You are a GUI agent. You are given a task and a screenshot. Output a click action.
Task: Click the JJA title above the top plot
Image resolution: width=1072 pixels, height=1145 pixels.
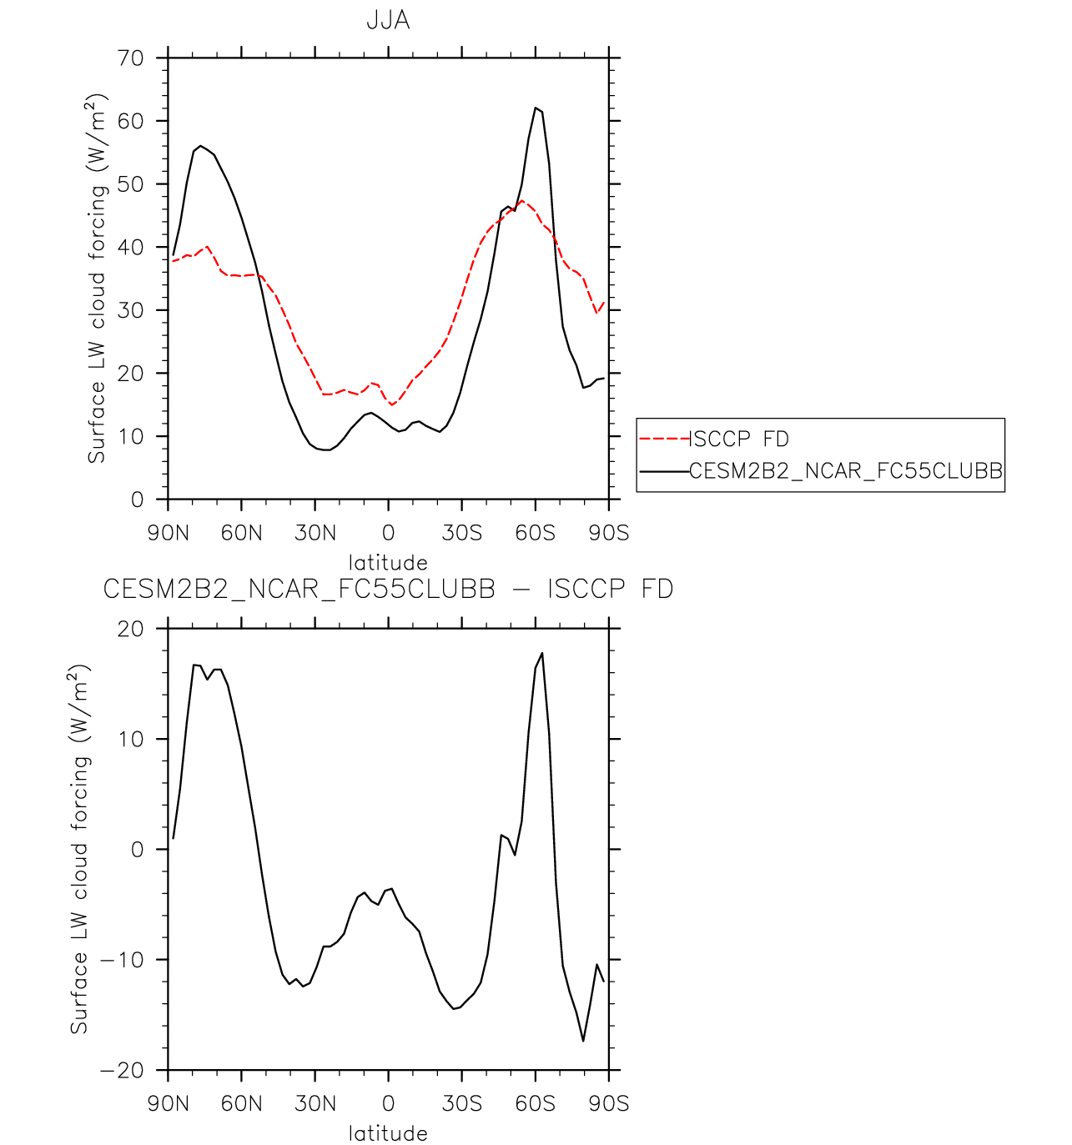(x=388, y=21)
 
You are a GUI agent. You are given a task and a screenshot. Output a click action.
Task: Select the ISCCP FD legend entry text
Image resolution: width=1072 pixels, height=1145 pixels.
(x=739, y=439)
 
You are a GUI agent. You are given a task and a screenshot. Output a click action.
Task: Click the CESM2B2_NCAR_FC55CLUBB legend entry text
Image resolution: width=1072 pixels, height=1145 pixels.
(x=846, y=471)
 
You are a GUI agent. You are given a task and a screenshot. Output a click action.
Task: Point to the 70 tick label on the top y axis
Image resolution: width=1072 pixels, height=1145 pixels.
(x=131, y=58)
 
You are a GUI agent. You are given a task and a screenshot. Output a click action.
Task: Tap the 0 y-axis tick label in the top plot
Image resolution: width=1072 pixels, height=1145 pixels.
(x=138, y=500)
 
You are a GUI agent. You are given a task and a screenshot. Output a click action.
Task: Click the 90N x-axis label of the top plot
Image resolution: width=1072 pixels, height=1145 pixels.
(x=169, y=533)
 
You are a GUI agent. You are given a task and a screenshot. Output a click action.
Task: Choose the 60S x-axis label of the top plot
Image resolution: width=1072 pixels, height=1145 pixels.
(x=535, y=533)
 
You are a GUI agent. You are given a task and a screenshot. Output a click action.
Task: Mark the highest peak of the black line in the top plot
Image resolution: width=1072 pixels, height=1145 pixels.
(x=536, y=108)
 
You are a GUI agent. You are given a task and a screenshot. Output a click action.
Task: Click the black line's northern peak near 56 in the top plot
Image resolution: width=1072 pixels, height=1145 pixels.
(x=200, y=146)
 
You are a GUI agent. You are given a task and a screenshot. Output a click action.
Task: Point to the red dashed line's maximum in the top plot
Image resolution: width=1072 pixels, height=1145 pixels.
(x=522, y=201)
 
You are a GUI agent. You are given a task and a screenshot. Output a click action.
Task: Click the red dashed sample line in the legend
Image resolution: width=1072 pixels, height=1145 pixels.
(x=664, y=439)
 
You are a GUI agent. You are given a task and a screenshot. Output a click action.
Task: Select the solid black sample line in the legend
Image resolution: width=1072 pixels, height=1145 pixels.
(x=664, y=471)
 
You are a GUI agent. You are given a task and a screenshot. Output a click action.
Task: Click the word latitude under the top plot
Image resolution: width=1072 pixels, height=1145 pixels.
(x=388, y=562)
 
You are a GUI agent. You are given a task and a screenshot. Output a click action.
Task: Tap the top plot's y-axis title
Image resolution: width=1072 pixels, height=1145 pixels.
(x=98, y=279)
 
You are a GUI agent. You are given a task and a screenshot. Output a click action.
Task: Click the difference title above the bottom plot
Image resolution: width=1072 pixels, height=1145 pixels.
(x=388, y=590)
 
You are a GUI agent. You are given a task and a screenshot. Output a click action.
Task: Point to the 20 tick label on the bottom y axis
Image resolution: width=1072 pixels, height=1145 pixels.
(x=131, y=629)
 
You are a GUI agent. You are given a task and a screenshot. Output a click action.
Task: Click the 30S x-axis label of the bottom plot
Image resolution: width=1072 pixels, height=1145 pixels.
(x=461, y=1104)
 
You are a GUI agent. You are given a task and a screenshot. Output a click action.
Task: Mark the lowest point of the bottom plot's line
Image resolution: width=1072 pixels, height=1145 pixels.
(x=583, y=1041)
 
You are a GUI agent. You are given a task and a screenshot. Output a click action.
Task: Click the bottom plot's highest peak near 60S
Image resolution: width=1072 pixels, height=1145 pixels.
(x=542, y=653)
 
